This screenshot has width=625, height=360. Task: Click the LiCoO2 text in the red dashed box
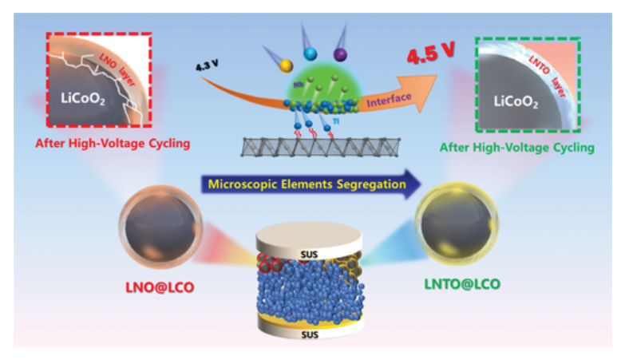tap(82, 98)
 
